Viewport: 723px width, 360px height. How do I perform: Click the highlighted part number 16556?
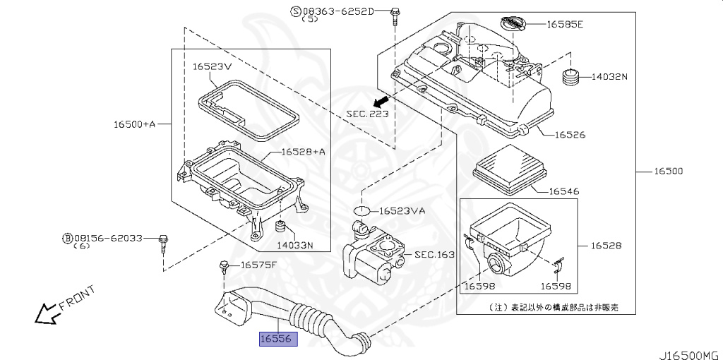click(x=279, y=340)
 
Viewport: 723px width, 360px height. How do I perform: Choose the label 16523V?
click(x=212, y=66)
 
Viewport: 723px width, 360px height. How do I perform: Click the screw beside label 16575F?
click(x=225, y=268)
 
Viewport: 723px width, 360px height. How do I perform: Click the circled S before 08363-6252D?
click(x=296, y=11)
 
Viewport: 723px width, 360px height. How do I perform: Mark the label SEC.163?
click(x=434, y=255)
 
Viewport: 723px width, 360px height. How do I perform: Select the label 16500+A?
click(x=134, y=124)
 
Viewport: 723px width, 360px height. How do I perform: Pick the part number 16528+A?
click(x=303, y=152)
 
